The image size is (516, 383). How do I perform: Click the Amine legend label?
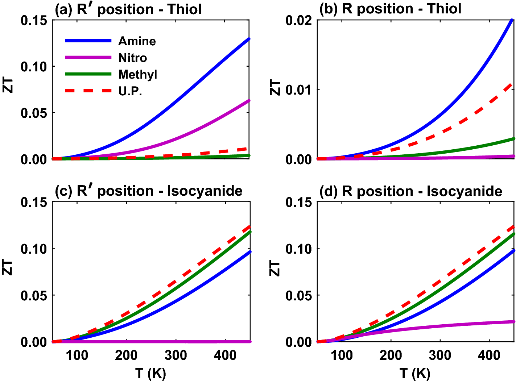137,41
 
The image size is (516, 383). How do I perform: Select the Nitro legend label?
132,58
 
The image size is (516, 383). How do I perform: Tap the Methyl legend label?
137,75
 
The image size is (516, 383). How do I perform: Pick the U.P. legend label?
130,91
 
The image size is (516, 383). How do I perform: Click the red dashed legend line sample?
88,91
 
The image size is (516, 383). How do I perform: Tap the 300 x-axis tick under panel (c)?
176,355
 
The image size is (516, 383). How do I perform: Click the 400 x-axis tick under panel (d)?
489,355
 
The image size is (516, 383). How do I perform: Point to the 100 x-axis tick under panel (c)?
77,355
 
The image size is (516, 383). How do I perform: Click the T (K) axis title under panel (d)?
415,373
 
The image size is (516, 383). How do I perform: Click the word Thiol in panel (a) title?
185,9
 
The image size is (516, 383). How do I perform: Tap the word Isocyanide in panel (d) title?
464,191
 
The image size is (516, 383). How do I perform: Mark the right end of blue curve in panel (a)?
249,39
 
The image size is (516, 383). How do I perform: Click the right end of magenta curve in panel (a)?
249,100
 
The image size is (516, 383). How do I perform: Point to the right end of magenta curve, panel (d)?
513,322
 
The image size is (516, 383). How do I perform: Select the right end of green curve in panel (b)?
513,139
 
